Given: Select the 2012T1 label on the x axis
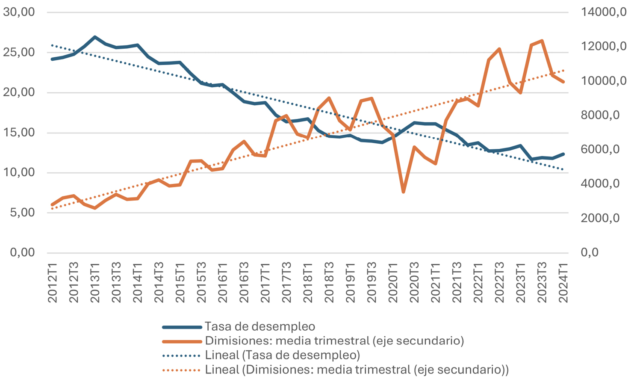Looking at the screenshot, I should pos(53,283).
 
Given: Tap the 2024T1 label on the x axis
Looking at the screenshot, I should pos(564,283).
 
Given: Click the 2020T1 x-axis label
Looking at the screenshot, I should pos(393,283).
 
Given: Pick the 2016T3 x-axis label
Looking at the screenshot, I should pos(244,283).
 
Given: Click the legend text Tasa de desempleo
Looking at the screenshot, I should pos(260,326).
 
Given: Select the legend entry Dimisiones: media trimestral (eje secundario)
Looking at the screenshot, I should pos(334,341).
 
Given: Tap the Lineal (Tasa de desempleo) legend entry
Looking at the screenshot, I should pos(282,355).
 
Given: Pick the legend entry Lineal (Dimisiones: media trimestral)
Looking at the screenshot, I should pos(357,370).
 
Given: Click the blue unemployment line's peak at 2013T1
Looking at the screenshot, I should pos(95,37).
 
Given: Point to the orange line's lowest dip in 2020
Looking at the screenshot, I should pos(403,192).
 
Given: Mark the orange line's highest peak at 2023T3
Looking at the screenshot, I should pos(542,41).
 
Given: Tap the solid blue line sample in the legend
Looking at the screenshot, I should pos(182,327).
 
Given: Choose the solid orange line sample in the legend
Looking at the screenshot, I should pos(182,341).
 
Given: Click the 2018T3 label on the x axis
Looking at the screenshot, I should pos(330,283).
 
